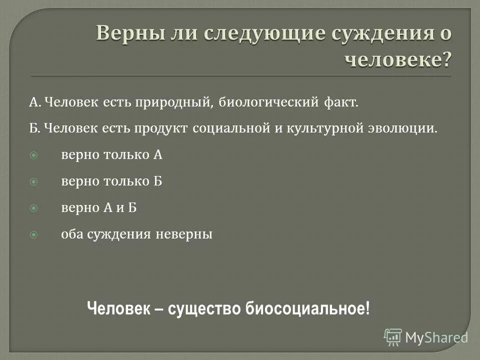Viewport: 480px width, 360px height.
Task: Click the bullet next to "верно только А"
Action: (x=34, y=155)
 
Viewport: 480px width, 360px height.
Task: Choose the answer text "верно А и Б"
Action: (x=98, y=208)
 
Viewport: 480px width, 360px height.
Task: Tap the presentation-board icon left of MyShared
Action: (x=393, y=337)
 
